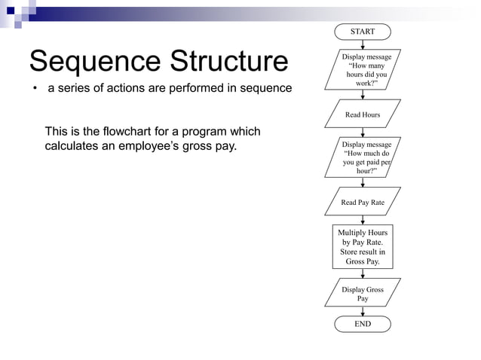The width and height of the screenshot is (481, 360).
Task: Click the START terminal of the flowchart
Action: [363, 32]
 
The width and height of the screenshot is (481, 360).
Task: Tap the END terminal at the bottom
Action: [363, 324]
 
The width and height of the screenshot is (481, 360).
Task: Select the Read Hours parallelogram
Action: [363, 114]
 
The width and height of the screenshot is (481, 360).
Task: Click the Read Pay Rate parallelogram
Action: [363, 202]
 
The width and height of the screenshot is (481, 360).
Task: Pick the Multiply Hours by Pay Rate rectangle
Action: [363, 247]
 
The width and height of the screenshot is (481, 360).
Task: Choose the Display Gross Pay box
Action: [363, 294]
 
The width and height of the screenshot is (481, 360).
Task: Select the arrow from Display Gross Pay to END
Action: [363, 311]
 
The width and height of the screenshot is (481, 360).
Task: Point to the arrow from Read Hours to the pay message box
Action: [363, 132]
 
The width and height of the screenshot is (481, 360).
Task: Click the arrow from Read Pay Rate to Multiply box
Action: [363, 218]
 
